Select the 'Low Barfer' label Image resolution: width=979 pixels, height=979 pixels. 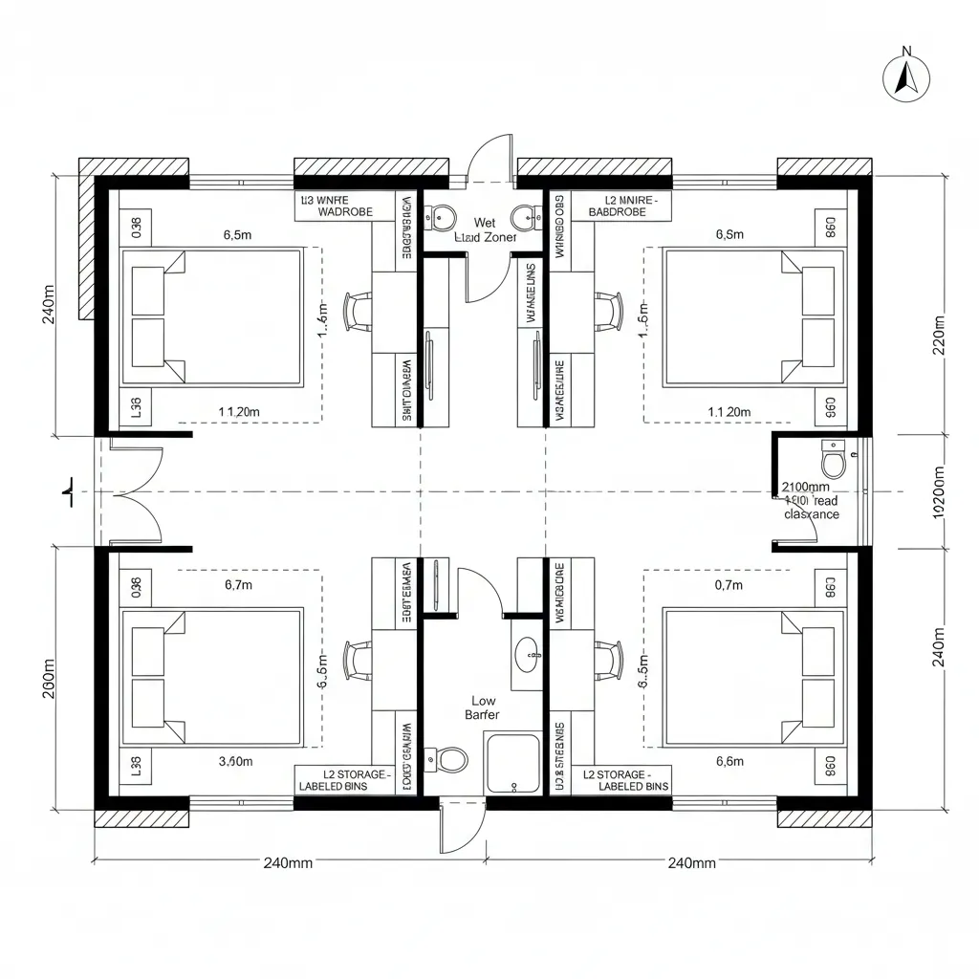point(483,707)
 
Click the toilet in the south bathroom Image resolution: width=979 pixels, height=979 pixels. point(450,761)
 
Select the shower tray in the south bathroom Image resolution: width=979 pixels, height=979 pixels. point(513,762)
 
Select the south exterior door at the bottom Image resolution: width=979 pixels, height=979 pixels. point(457,828)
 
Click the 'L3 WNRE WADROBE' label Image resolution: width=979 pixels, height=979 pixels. point(343,206)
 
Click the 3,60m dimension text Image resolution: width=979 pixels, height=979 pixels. point(235,761)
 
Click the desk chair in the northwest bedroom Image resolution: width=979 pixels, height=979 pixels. point(359,312)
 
